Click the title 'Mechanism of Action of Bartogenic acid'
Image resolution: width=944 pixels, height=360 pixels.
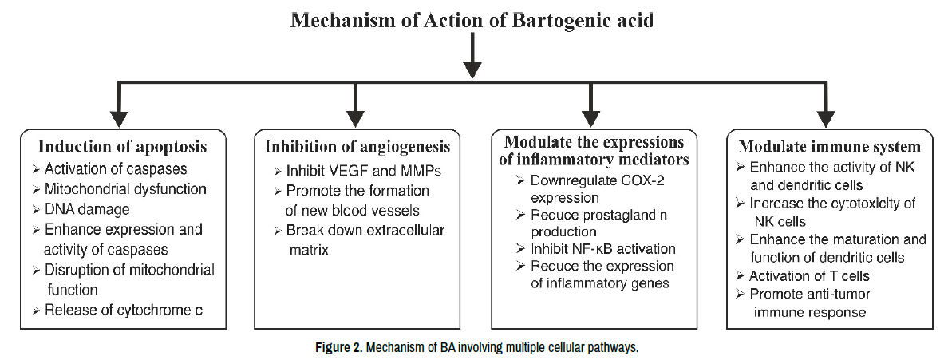[472, 20]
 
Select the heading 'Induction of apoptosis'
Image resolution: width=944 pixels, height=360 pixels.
[123, 147]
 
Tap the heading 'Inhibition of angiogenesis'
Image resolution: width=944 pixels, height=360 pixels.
[357, 147]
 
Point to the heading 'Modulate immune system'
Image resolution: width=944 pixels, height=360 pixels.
[830, 147]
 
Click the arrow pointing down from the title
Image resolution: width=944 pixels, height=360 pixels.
[473, 55]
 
